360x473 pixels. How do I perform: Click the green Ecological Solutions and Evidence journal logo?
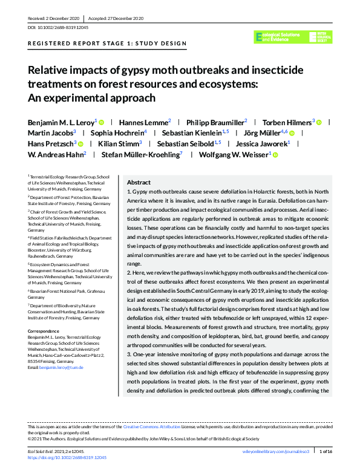tap(293, 37)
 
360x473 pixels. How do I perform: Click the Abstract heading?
tap(139, 182)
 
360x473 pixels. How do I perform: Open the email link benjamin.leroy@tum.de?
tap(61, 367)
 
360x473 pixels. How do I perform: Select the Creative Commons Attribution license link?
tap(146, 426)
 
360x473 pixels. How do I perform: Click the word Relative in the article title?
tap(50, 70)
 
